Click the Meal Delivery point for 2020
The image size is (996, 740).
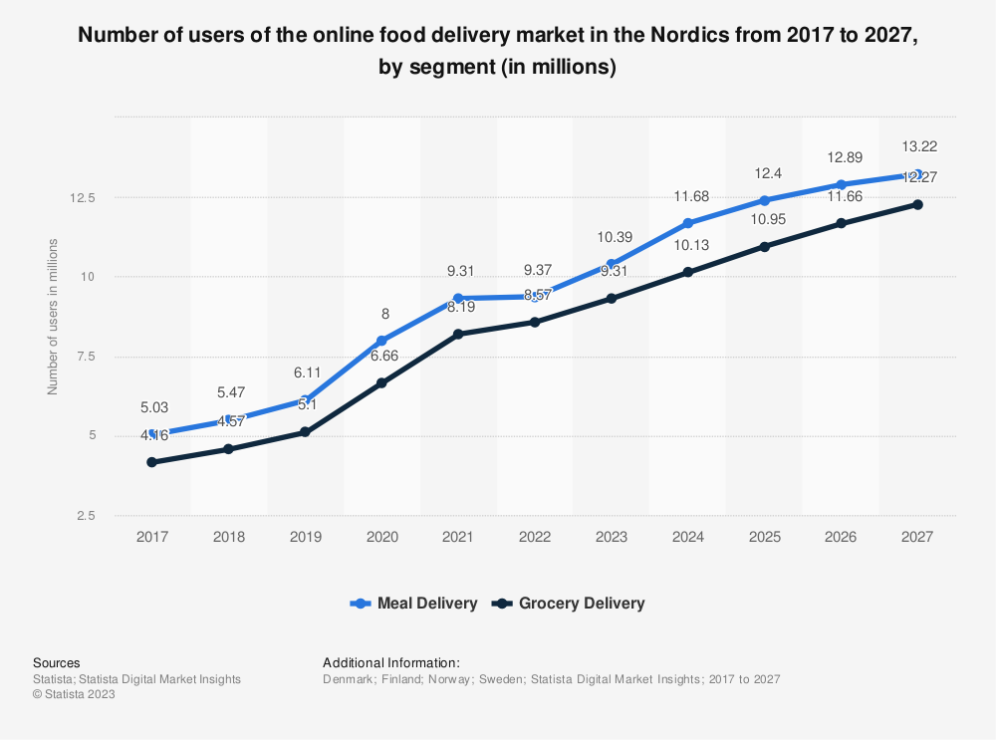point(381,341)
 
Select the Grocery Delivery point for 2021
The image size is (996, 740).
point(458,335)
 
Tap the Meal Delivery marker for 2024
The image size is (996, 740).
point(688,223)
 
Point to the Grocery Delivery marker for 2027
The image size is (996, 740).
point(917,205)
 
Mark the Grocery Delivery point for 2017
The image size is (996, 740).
point(151,462)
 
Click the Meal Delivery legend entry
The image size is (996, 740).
point(413,604)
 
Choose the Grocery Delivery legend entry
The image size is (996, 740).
point(571,604)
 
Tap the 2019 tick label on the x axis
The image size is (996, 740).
point(305,537)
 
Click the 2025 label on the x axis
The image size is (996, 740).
point(764,537)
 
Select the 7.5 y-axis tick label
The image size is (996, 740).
point(86,357)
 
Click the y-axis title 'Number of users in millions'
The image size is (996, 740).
point(53,317)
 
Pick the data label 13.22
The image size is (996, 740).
point(917,147)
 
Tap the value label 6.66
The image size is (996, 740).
point(381,356)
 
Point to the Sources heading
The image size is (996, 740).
point(57,662)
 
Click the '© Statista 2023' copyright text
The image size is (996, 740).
point(74,695)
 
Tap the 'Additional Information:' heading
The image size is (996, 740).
point(391,662)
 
